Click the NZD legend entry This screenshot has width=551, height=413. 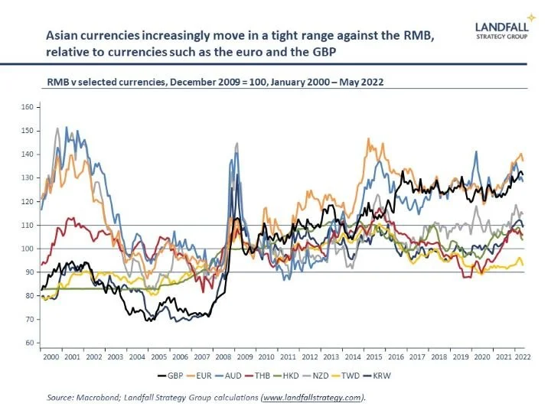[x=358, y=376]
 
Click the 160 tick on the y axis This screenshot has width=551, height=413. [x=28, y=107]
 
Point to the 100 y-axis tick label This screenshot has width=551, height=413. [x=28, y=249]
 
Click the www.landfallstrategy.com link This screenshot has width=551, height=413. [x=312, y=398]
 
